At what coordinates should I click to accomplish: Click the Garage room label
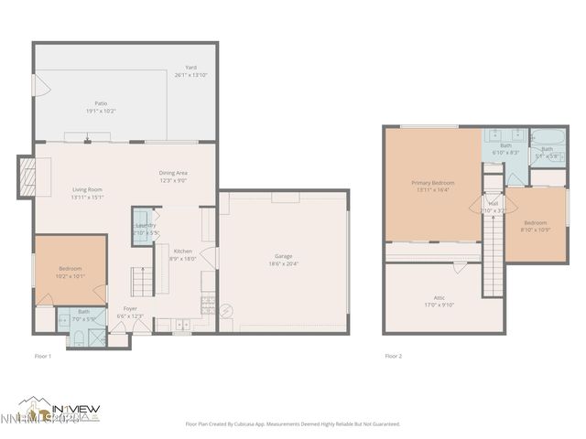(283, 256)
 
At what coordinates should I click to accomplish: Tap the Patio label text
(101, 103)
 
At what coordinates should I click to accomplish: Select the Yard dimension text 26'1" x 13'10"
(191, 74)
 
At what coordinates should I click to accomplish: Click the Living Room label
(88, 189)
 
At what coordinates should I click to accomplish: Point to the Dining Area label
(173, 173)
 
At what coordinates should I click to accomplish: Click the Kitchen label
(183, 251)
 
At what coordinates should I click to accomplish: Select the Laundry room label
(146, 225)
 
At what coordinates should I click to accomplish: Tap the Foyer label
(131, 308)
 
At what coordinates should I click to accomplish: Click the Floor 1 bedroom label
(69, 268)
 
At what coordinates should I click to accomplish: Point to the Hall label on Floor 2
(493, 203)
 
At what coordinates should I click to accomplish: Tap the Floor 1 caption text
(42, 356)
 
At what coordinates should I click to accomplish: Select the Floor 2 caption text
(393, 356)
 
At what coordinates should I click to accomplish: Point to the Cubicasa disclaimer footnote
(293, 423)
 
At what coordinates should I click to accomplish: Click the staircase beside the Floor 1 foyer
(141, 279)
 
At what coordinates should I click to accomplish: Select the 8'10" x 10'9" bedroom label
(536, 224)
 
